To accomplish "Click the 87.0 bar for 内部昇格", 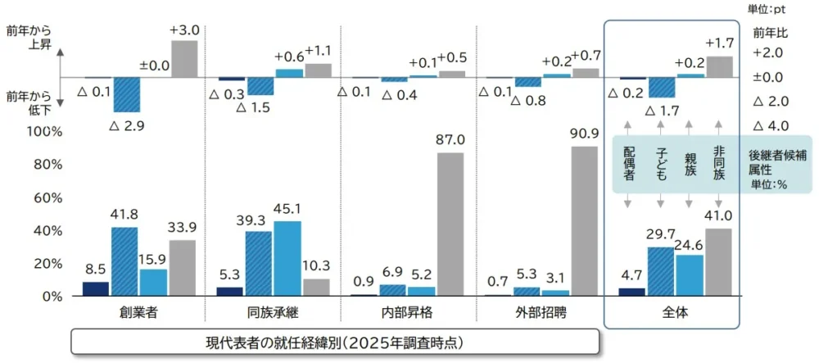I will (x=450, y=224).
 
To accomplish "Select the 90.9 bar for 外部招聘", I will (x=584, y=220).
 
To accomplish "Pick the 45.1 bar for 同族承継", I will (x=287, y=258).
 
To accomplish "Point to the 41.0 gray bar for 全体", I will (x=719, y=261).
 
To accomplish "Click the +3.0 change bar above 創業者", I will (x=183, y=58).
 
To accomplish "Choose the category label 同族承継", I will (x=272, y=313).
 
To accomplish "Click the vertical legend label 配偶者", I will (x=630, y=164).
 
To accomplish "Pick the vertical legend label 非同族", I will (x=718, y=164).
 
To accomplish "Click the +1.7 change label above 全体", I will (x=719, y=42).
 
